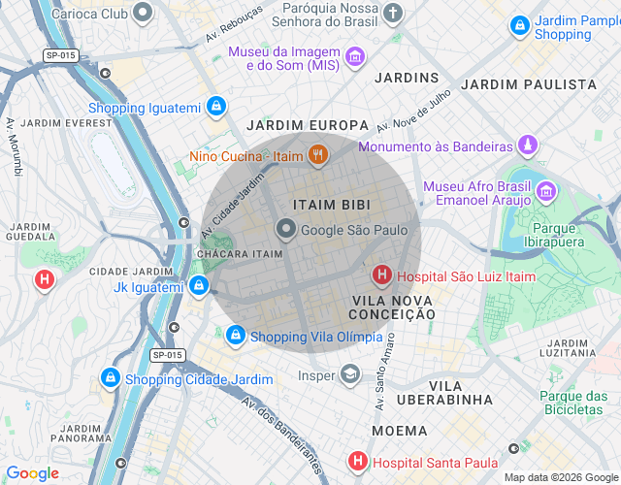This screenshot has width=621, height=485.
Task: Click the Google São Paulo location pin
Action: click(x=286, y=230)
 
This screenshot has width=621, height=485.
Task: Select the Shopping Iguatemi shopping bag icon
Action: click(x=215, y=108)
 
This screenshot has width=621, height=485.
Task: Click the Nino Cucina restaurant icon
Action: click(x=317, y=154)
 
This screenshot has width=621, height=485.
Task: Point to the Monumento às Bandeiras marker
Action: click(x=527, y=146)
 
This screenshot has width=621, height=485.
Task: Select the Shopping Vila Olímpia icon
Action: click(x=235, y=337)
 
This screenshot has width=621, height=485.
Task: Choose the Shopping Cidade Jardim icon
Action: click(x=110, y=377)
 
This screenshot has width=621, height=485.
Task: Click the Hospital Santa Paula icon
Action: click(x=357, y=462)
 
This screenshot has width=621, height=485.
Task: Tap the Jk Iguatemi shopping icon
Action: click(x=198, y=286)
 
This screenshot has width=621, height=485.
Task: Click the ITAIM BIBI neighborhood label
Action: click(x=330, y=205)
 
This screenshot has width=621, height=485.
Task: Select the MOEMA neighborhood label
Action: click(x=398, y=430)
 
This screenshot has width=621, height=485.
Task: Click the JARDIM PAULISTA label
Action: click(x=528, y=84)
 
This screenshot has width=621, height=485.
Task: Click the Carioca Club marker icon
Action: click(x=143, y=14)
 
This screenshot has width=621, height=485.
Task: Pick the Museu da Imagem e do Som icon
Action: click(x=355, y=57)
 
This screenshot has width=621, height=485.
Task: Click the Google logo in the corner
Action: click(x=32, y=472)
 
